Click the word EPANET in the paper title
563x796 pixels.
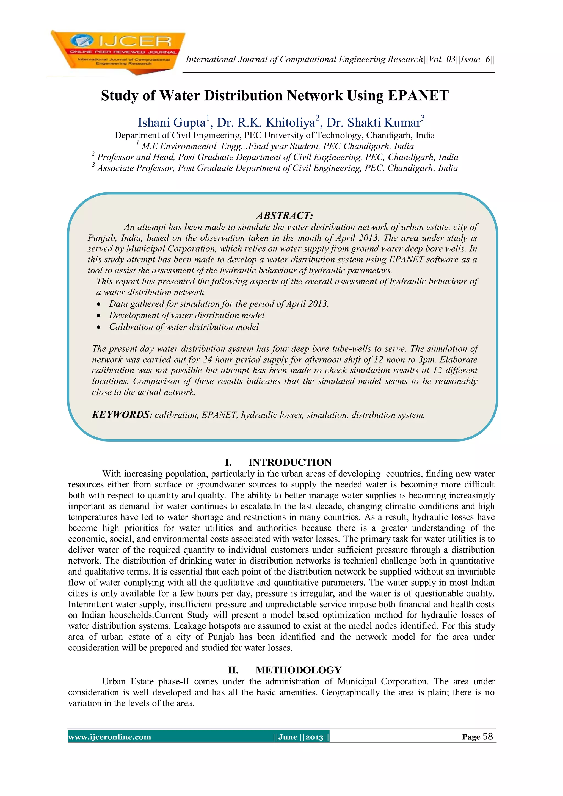pyautogui.click(x=418, y=96)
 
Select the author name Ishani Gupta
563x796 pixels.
pyautogui.click(x=172, y=123)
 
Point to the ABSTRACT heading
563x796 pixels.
pyautogui.click(x=285, y=216)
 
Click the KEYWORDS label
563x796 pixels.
pyautogui.click(x=122, y=415)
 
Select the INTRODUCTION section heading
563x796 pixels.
pyautogui.click(x=290, y=462)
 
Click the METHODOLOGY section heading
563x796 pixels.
pyautogui.click(x=298, y=670)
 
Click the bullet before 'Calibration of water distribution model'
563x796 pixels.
pyautogui.click(x=99, y=327)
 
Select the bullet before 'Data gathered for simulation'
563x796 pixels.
pyautogui.click(x=99, y=304)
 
